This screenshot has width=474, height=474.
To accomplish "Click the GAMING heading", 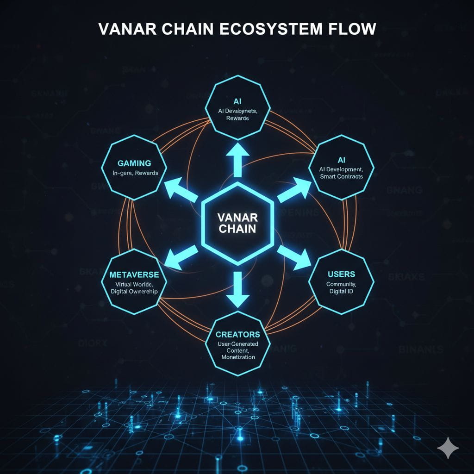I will [134, 163].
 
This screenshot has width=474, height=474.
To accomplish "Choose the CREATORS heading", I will [238, 334].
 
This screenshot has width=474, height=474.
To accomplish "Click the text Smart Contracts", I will [341, 177].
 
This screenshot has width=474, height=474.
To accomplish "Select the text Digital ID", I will [341, 291].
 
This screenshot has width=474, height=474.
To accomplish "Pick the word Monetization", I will [238, 357].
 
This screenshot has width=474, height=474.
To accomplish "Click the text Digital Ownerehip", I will [135, 291].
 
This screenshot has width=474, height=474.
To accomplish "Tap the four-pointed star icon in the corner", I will [448, 448].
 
